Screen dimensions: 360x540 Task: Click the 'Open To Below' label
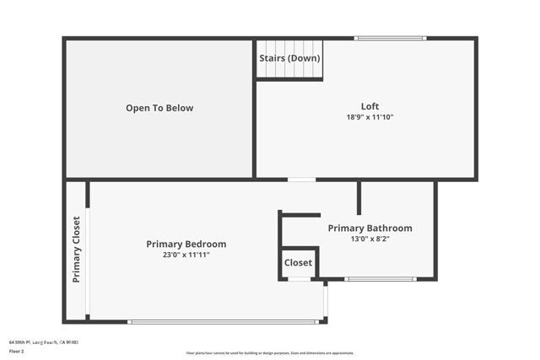159,108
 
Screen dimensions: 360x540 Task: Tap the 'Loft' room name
370,106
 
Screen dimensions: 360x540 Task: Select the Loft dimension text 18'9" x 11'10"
370,117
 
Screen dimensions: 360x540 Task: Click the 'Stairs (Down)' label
290,58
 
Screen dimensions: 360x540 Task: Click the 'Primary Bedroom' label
186,244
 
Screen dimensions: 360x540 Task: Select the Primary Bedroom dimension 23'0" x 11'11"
186,255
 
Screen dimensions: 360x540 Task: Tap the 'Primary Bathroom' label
370,228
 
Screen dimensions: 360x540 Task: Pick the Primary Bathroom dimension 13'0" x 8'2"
370,239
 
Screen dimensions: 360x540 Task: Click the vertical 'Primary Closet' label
76,250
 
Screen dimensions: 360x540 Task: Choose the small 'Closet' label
298,263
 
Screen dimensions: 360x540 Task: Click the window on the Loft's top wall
390,38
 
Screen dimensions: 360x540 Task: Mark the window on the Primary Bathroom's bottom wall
380,279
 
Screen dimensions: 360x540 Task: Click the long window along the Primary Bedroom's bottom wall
224,321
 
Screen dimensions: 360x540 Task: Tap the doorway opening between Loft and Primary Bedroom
301,179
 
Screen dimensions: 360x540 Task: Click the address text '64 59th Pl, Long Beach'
43,341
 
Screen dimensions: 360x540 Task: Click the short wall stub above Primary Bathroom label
359,197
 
